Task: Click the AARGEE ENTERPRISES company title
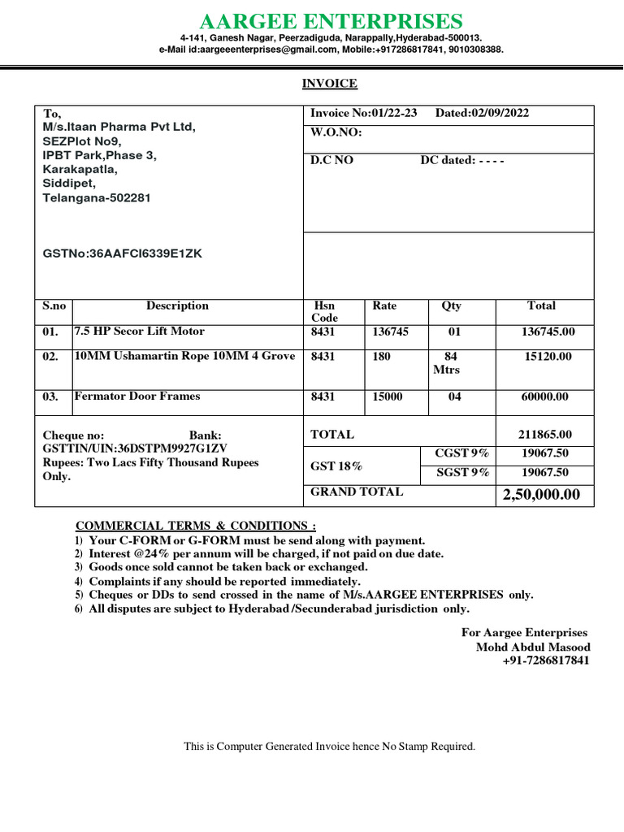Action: click(x=331, y=21)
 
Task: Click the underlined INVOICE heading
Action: click(x=329, y=84)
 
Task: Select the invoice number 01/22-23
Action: click(x=393, y=113)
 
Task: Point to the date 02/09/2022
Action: click(x=494, y=113)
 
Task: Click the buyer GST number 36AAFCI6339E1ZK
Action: click(x=122, y=253)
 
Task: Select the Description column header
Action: click(x=177, y=306)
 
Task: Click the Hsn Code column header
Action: click(x=323, y=312)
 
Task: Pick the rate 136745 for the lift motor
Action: click(x=392, y=331)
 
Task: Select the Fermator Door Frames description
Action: click(x=136, y=396)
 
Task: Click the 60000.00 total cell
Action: click(x=546, y=396)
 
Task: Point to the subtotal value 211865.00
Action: click(x=544, y=435)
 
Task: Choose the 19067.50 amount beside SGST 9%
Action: click(x=544, y=472)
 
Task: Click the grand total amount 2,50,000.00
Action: click(x=541, y=495)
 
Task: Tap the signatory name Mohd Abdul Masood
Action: click(x=533, y=647)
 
